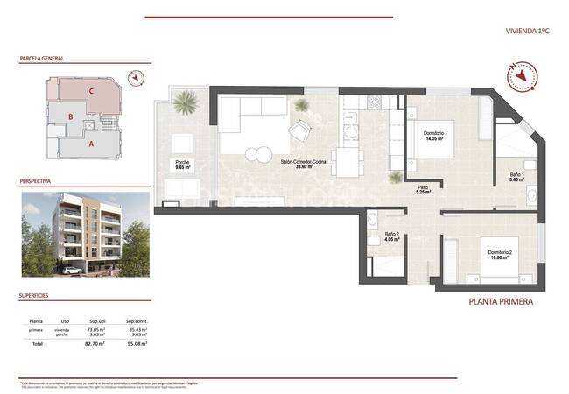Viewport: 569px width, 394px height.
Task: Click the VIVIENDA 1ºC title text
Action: (x=526, y=31)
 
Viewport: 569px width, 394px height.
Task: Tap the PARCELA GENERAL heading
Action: (x=41, y=59)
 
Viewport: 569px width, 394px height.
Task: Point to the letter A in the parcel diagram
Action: (x=91, y=139)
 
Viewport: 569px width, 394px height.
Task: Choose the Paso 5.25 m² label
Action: (x=423, y=189)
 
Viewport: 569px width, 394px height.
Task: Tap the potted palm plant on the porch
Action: (x=185, y=106)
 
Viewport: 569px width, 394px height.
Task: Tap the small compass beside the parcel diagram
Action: (x=136, y=78)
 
